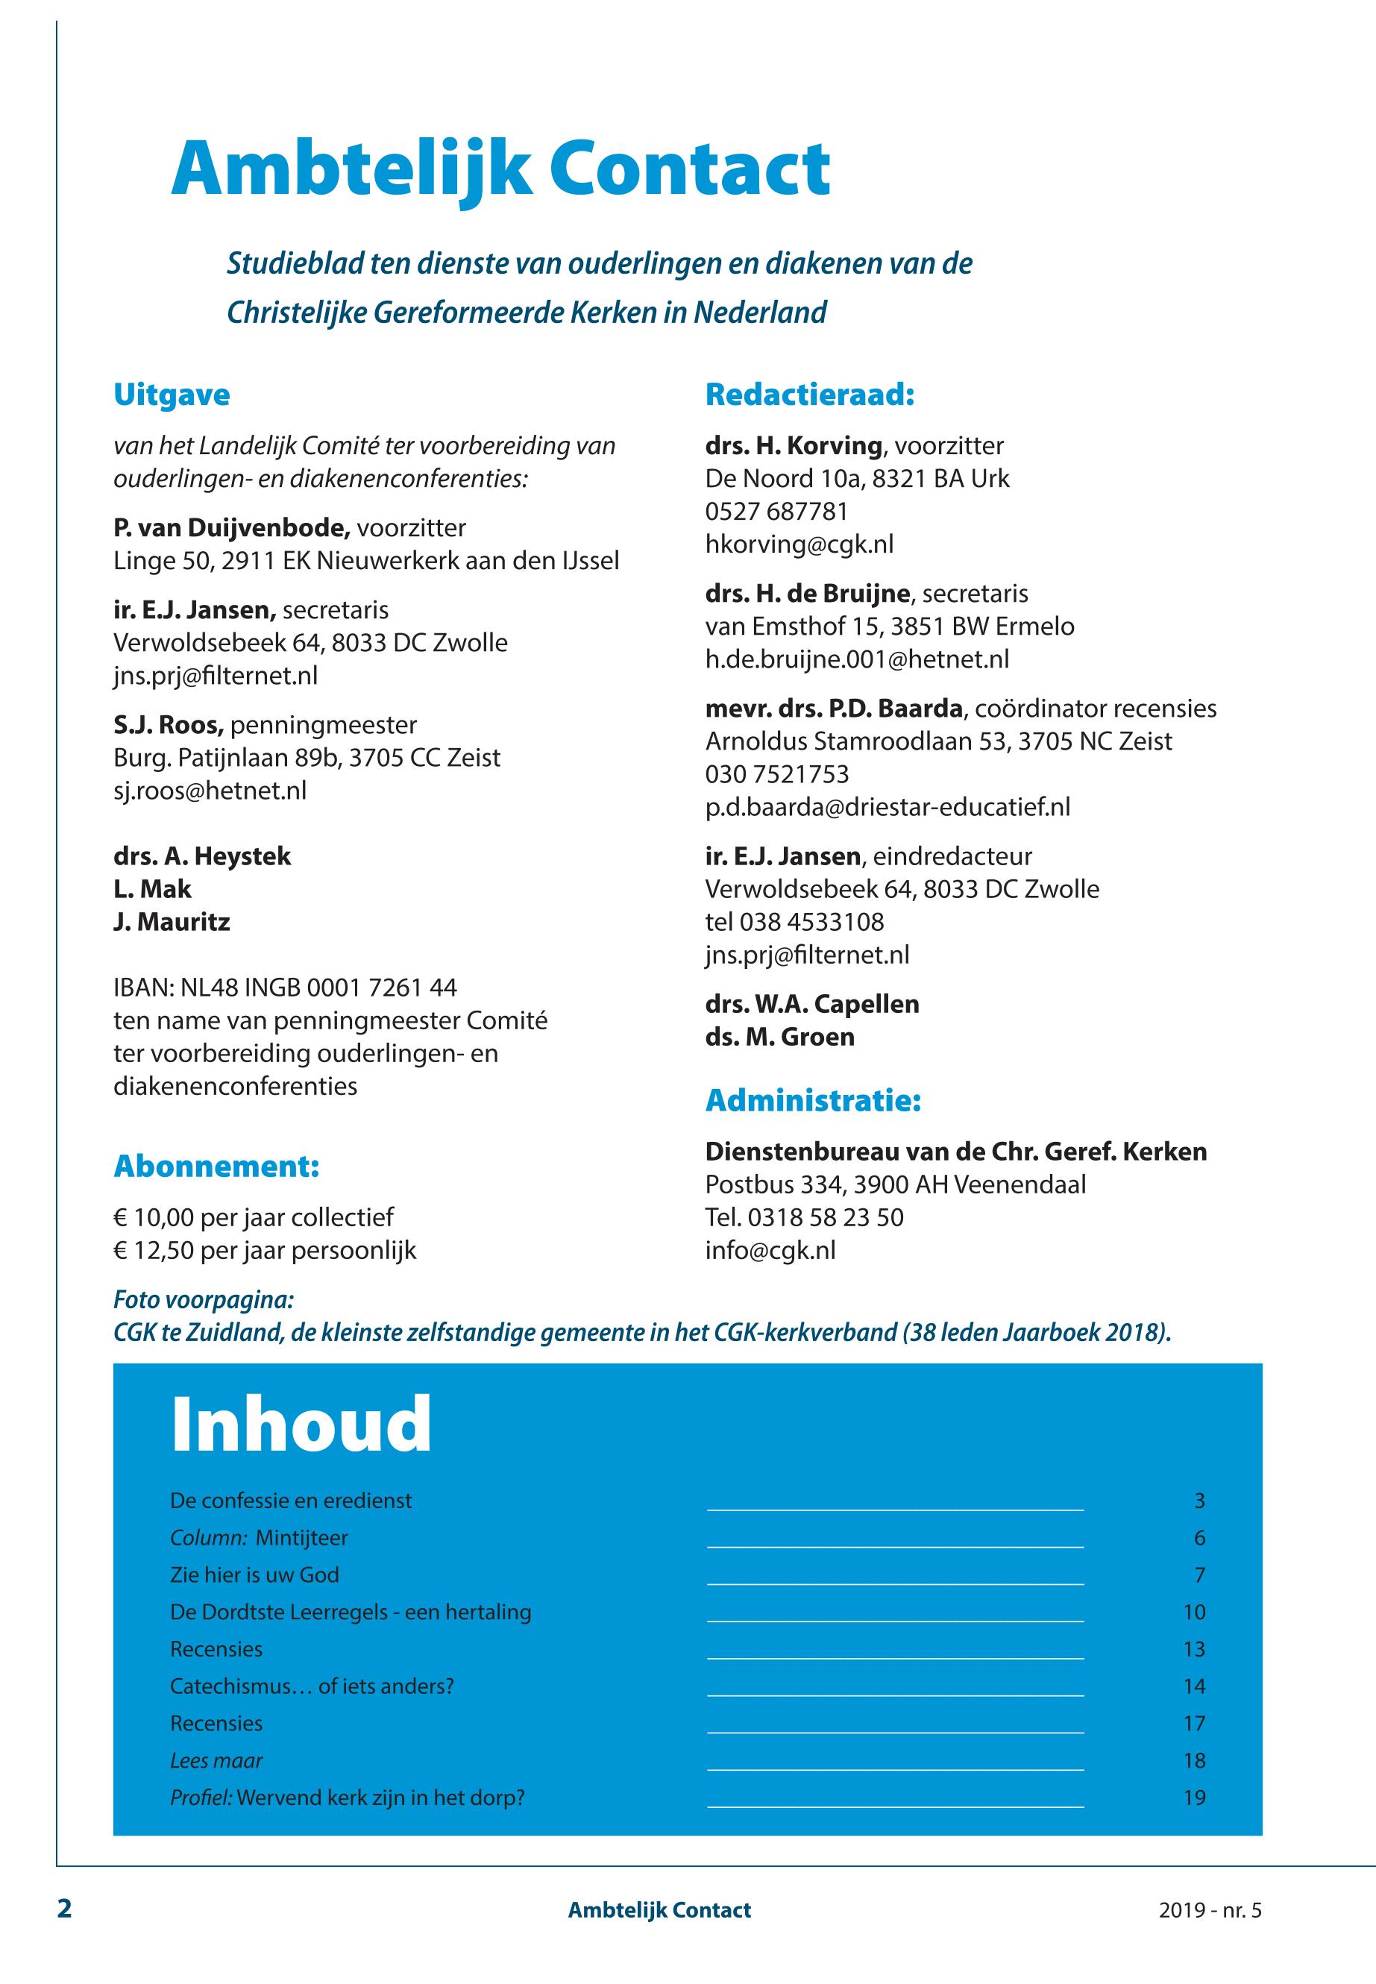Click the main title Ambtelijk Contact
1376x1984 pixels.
point(500,170)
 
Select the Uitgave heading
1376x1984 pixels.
point(172,395)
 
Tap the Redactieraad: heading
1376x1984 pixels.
point(808,395)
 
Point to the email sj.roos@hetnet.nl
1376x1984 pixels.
point(210,791)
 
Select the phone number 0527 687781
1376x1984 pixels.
point(776,512)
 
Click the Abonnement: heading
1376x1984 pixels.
point(216,1167)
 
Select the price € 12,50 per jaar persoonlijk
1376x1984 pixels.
point(265,1250)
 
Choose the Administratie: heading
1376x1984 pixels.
point(813,1101)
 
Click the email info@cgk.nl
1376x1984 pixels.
point(770,1250)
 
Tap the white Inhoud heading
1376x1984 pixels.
point(301,1425)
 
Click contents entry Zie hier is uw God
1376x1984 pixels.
point(254,1575)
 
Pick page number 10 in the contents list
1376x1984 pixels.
point(1193,1613)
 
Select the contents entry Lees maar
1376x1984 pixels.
point(216,1761)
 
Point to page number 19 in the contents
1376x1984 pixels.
point(1193,1798)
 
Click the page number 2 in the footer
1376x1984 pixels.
point(65,1909)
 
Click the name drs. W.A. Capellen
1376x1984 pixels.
point(811,1005)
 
